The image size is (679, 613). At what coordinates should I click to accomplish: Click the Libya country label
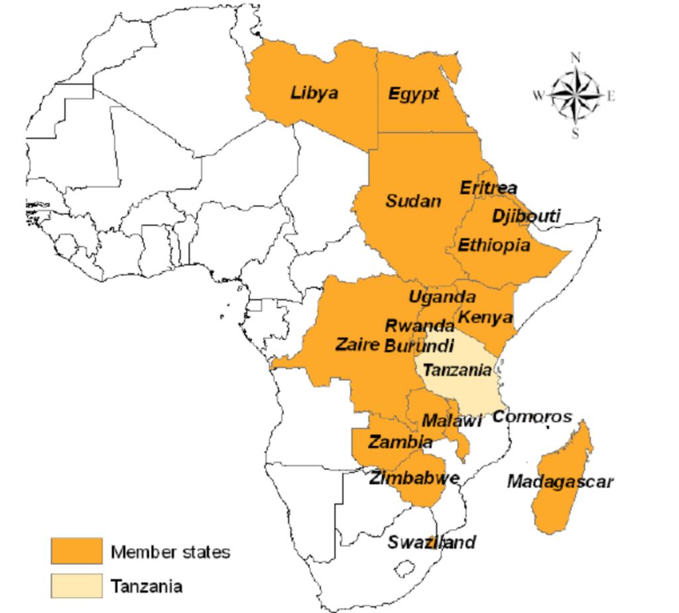pyautogui.click(x=314, y=93)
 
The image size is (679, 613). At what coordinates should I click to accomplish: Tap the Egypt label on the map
pyautogui.click(x=413, y=93)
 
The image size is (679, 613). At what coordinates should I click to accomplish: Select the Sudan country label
pyautogui.click(x=413, y=200)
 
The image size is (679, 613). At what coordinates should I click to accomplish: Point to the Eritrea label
pyautogui.click(x=488, y=188)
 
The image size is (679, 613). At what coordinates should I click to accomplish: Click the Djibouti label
pyautogui.click(x=526, y=216)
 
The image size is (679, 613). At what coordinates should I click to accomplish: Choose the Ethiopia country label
pyautogui.click(x=494, y=246)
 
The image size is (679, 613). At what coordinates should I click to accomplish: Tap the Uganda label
pyautogui.click(x=442, y=298)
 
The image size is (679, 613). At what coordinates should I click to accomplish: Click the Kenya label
pyautogui.click(x=486, y=316)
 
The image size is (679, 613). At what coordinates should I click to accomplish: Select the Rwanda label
pyautogui.click(x=420, y=326)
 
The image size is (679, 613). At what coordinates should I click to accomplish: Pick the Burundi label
pyautogui.click(x=420, y=345)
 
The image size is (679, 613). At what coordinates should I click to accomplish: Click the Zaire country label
pyautogui.click(x=357, y=345)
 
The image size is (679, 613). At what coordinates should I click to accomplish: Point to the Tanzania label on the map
pyautogui.click(x=457, y=370)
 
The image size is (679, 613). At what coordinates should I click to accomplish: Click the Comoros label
pyautogui.click(x=532, y=417)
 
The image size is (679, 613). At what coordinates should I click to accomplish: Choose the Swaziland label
pyautogui.click(x=432, y=542)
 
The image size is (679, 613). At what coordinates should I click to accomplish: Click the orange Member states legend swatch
pyautogui.click(x=77, y=551)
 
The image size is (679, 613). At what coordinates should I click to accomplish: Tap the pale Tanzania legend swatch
pyautogui.click(x=77, y=585)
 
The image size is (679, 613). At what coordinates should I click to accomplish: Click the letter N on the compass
pyautogui.click(x=576, y=58)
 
